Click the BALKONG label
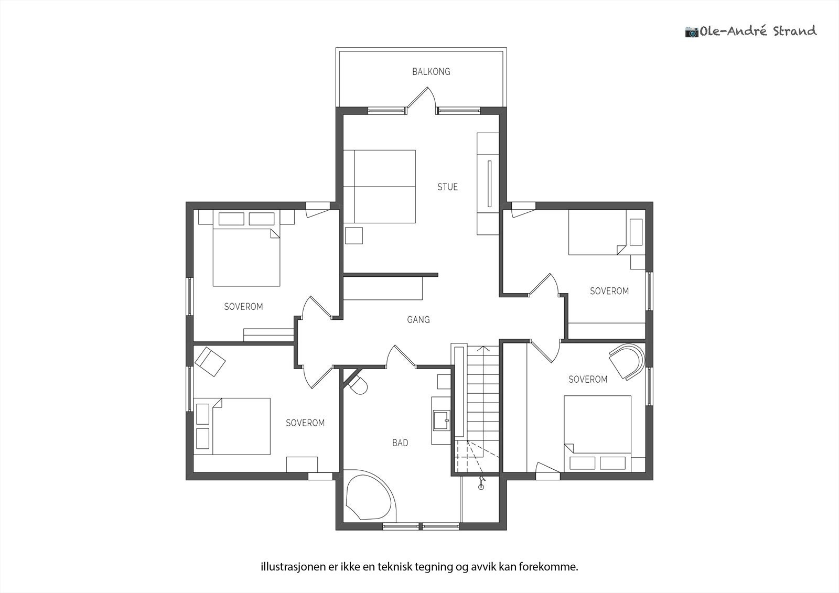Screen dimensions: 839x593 [431, 71]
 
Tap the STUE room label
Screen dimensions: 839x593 [448, 187]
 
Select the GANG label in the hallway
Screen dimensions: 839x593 [418, 319]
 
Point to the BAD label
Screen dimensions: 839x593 [400, 443]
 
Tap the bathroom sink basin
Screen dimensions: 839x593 [442, 421]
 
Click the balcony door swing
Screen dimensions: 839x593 [421, 100]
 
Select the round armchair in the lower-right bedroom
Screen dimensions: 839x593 [627, 361]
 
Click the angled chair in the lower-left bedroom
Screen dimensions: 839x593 [210, 361]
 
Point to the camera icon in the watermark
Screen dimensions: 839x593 [692, 32]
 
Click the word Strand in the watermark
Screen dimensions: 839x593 [795, 31]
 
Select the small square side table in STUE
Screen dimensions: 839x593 [353, 235]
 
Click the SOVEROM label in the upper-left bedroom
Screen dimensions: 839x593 [243, 307]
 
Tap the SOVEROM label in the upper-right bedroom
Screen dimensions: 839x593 [609, 291]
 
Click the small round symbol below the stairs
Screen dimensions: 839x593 [481, 487]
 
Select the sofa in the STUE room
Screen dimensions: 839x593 [380, 187]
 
